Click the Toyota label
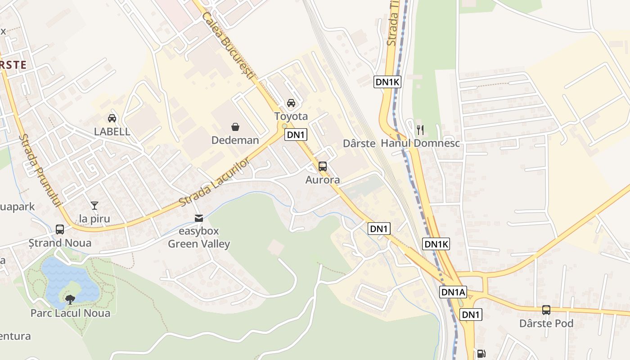point(291,117)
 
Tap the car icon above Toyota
point(291,103)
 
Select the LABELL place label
point(112,132)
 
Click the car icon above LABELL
point(112,118)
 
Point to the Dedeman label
point(235,140)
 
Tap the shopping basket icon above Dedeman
point(235,126)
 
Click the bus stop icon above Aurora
point(323,166)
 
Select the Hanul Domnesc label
point(420,144)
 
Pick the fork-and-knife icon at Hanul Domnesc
point(420,130)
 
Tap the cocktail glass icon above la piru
point(94,206)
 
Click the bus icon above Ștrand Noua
point(60,229)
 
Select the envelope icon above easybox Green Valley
point(198,218)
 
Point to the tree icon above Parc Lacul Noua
point(70,299)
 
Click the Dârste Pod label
point(546,324)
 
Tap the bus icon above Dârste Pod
point(546,310)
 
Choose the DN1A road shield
point(453,292)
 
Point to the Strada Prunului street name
point(40,171)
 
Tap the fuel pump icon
point(481,354)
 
